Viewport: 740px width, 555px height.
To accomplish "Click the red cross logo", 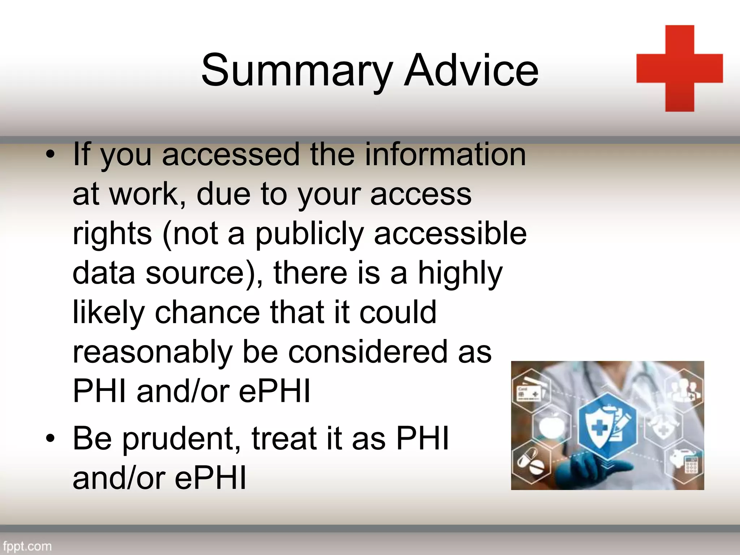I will (679, 69).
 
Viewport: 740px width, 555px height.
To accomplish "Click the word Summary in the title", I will (296, 70).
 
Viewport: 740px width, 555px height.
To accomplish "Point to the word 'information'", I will (445, 155).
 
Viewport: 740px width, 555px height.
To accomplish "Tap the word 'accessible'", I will (450, 233).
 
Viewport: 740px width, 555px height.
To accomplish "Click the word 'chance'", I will (207, 312).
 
